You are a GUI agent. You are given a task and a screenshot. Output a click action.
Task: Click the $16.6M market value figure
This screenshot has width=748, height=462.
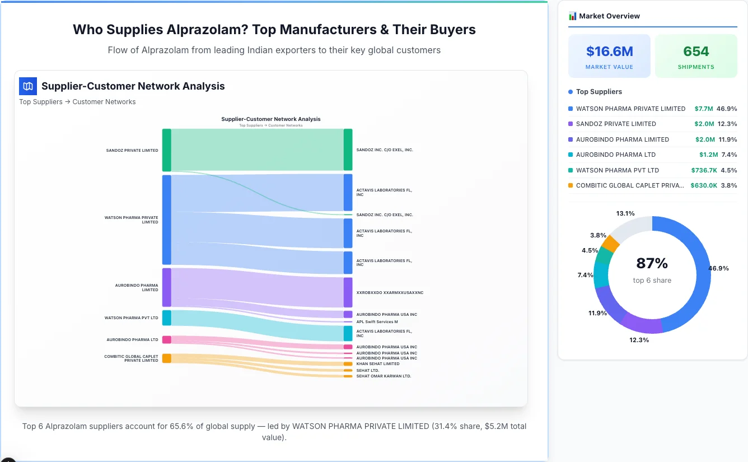(609, 52)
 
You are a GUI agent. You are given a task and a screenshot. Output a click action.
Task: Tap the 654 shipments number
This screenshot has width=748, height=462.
(696, 52)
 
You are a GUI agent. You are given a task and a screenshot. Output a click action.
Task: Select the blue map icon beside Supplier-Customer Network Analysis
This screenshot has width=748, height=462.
(28, 86)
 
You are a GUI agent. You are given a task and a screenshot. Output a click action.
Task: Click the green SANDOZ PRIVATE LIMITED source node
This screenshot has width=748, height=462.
(167, 150)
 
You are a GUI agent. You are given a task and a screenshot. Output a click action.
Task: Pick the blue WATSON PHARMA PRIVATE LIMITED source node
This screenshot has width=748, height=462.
(167, 220)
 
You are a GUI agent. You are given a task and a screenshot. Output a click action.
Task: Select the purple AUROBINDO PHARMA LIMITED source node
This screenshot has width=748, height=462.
(167, 287)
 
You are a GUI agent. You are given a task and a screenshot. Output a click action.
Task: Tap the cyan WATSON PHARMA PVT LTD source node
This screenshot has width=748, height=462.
(167, 318)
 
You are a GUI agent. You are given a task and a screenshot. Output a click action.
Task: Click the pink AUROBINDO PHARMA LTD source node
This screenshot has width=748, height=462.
(167, 339)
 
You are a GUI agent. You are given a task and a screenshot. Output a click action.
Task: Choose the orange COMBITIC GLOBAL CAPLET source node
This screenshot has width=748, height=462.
(167, 358)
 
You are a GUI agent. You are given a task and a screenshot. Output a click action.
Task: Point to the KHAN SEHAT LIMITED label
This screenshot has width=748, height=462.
(378, 364)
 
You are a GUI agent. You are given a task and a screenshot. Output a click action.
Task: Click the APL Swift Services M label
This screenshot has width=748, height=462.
(377, 322)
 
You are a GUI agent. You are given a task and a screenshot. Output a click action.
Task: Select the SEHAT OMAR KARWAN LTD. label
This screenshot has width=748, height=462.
(384, 376)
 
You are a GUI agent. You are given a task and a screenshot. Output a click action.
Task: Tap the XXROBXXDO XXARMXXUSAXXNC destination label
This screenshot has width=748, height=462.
(390, 293)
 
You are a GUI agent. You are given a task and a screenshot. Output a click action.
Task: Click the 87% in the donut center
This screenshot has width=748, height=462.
(652, 263)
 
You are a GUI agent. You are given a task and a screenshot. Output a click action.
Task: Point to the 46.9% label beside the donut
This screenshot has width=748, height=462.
(718, 268)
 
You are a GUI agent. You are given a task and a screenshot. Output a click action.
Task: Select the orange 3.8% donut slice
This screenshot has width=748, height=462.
(611, 244)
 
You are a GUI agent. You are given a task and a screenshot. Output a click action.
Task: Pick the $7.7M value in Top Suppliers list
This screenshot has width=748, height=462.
(704, 109)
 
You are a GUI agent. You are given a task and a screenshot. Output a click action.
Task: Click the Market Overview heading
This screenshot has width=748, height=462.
(609, 16)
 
